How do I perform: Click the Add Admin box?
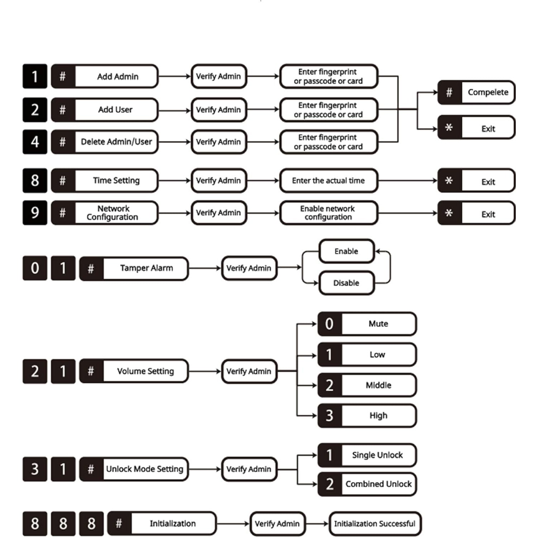(104, 76)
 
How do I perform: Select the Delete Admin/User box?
(104, 142)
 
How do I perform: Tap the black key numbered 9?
(35, 213)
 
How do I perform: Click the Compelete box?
(476, 93)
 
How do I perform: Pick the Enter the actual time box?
(329, 180)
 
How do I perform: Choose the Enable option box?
(346, 251)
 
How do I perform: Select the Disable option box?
(346, 283)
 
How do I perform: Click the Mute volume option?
(367, 324)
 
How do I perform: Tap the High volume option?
(367, 416)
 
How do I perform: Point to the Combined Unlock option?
(367, 484)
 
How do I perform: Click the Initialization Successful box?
(375, 524)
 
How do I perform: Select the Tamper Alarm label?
(146, 268)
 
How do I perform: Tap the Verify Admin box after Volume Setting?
(249, 371)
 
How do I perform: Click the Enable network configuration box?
(329, 213)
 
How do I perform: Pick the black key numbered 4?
(35, 142)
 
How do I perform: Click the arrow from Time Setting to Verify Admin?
(175, 180)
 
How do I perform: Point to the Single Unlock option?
(367, 455)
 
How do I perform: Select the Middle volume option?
(367, 385)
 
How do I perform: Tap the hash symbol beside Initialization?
(119, 523)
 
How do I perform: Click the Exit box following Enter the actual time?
(476, 180)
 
